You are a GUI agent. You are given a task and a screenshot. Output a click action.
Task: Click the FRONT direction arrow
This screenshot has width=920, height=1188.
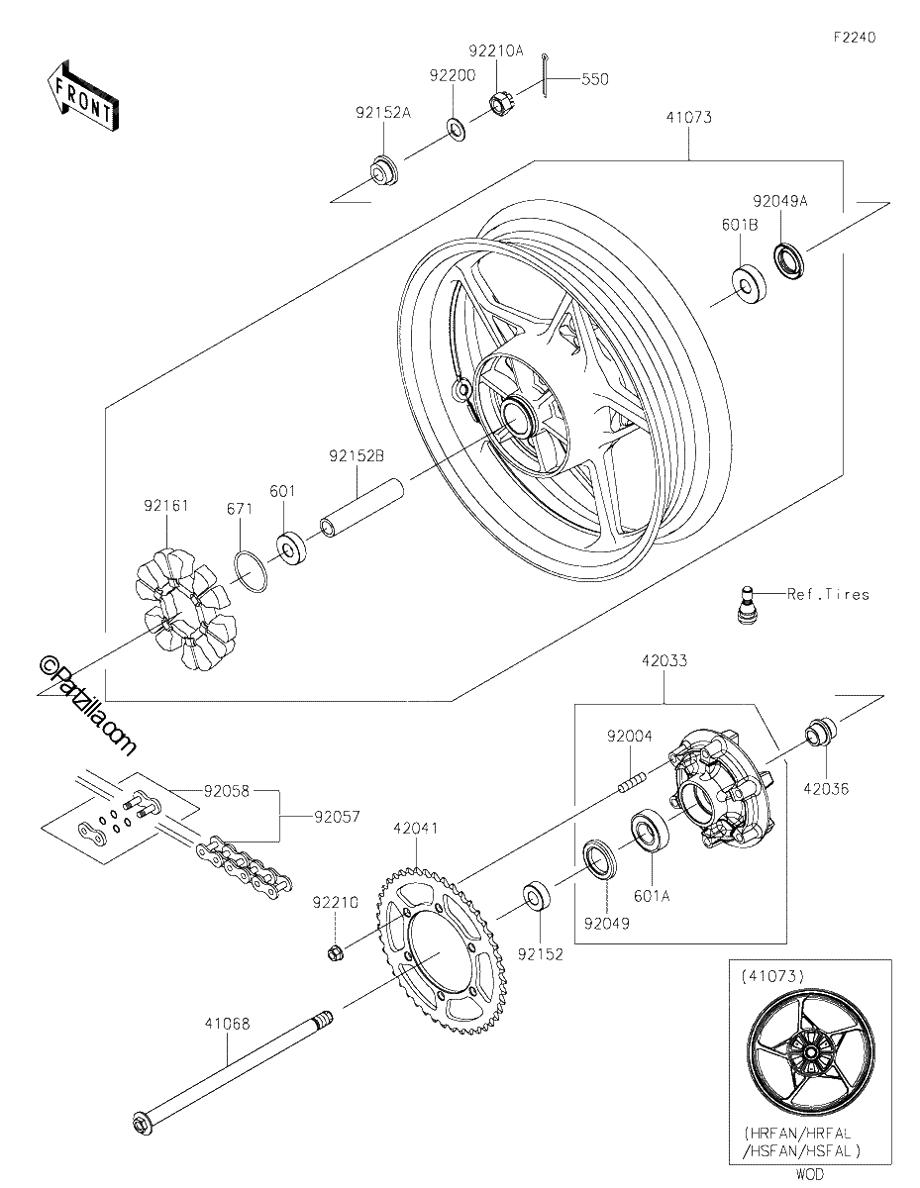click(82, 97)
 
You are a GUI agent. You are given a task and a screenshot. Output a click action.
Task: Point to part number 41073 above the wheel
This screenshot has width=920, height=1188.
click(689, 118)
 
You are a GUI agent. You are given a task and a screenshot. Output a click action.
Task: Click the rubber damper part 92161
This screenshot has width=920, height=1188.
click(186, 610)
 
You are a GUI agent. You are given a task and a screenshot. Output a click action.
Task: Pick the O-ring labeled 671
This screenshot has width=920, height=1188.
click(252, 572)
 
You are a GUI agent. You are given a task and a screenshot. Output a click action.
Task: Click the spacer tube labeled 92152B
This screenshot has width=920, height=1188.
click(362, 508)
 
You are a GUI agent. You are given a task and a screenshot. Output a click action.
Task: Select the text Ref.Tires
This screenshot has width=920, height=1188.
click(828, 594)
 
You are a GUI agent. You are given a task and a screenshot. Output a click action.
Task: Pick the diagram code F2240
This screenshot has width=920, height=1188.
click(855, 38)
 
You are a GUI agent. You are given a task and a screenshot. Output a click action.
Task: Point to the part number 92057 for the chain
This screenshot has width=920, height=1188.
click(337, 816)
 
